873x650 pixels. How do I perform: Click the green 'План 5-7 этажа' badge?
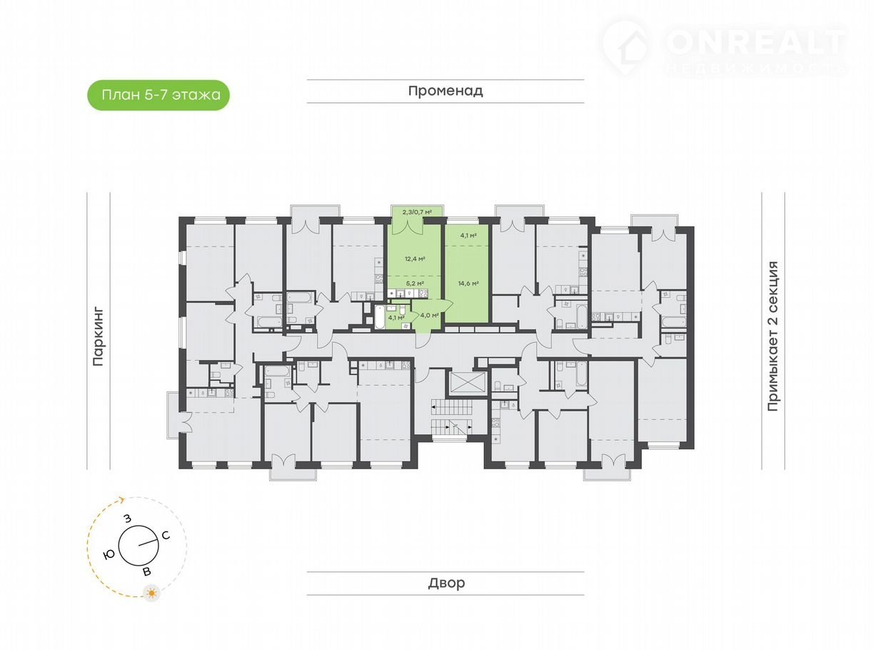[158, 95]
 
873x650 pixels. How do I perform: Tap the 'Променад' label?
[445, 91]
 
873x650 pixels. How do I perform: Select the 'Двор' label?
[446, 583]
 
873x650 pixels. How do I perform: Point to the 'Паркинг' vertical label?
[99, 336]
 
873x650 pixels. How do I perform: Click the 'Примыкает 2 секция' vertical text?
[773, 336]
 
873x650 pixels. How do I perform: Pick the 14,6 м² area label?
[468, 283]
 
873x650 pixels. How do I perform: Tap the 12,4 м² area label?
[415, 259]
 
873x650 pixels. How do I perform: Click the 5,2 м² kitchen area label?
[415, 284]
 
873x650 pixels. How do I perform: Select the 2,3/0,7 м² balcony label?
[417, 212]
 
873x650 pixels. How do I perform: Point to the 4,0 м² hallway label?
[430, 315]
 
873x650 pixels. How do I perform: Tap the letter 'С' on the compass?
[166, 536]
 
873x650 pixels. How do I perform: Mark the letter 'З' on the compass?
[127, 519]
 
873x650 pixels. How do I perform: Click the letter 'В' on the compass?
[147, 571]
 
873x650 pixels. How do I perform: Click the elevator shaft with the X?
[466, 381]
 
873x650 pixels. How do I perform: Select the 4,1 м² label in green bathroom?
[396, 317]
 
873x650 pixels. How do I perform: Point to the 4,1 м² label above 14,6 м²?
[468, 236]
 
